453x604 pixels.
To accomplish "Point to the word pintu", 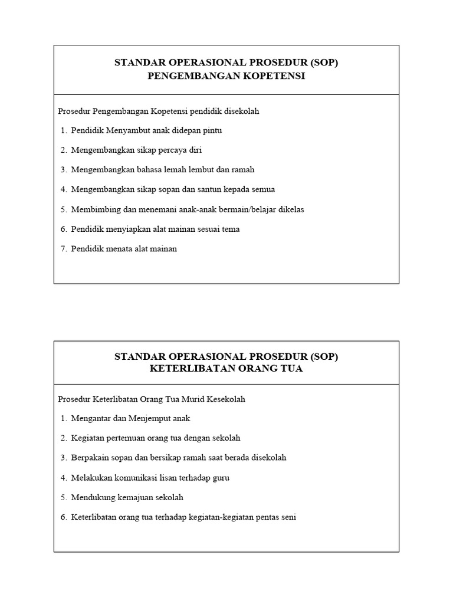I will [211, 130].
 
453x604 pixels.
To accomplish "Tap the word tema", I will [231, 229].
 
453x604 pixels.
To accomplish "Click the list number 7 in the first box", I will [63, 249].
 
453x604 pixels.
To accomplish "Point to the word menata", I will [116, 249].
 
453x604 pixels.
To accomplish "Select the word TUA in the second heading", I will [292, 369].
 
